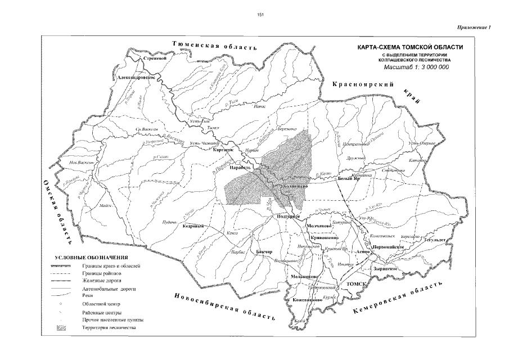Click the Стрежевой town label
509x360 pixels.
click(x=156, y=58)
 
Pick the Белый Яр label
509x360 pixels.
click(x=349, y=179)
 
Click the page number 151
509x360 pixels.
click(x=260, y=15)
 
